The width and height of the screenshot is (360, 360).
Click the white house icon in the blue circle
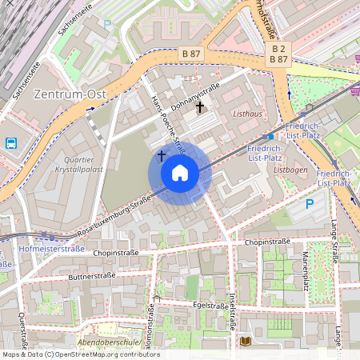180,172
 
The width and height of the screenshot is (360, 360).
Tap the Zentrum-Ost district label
70,94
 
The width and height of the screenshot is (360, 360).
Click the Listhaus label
247,114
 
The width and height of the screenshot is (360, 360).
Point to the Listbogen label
290,170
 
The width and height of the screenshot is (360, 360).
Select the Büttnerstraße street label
94,276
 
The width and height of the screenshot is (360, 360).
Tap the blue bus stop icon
12,144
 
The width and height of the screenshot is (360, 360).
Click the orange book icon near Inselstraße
245,342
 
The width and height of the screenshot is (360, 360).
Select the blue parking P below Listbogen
310,205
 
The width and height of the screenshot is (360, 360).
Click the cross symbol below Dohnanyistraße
199,106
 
